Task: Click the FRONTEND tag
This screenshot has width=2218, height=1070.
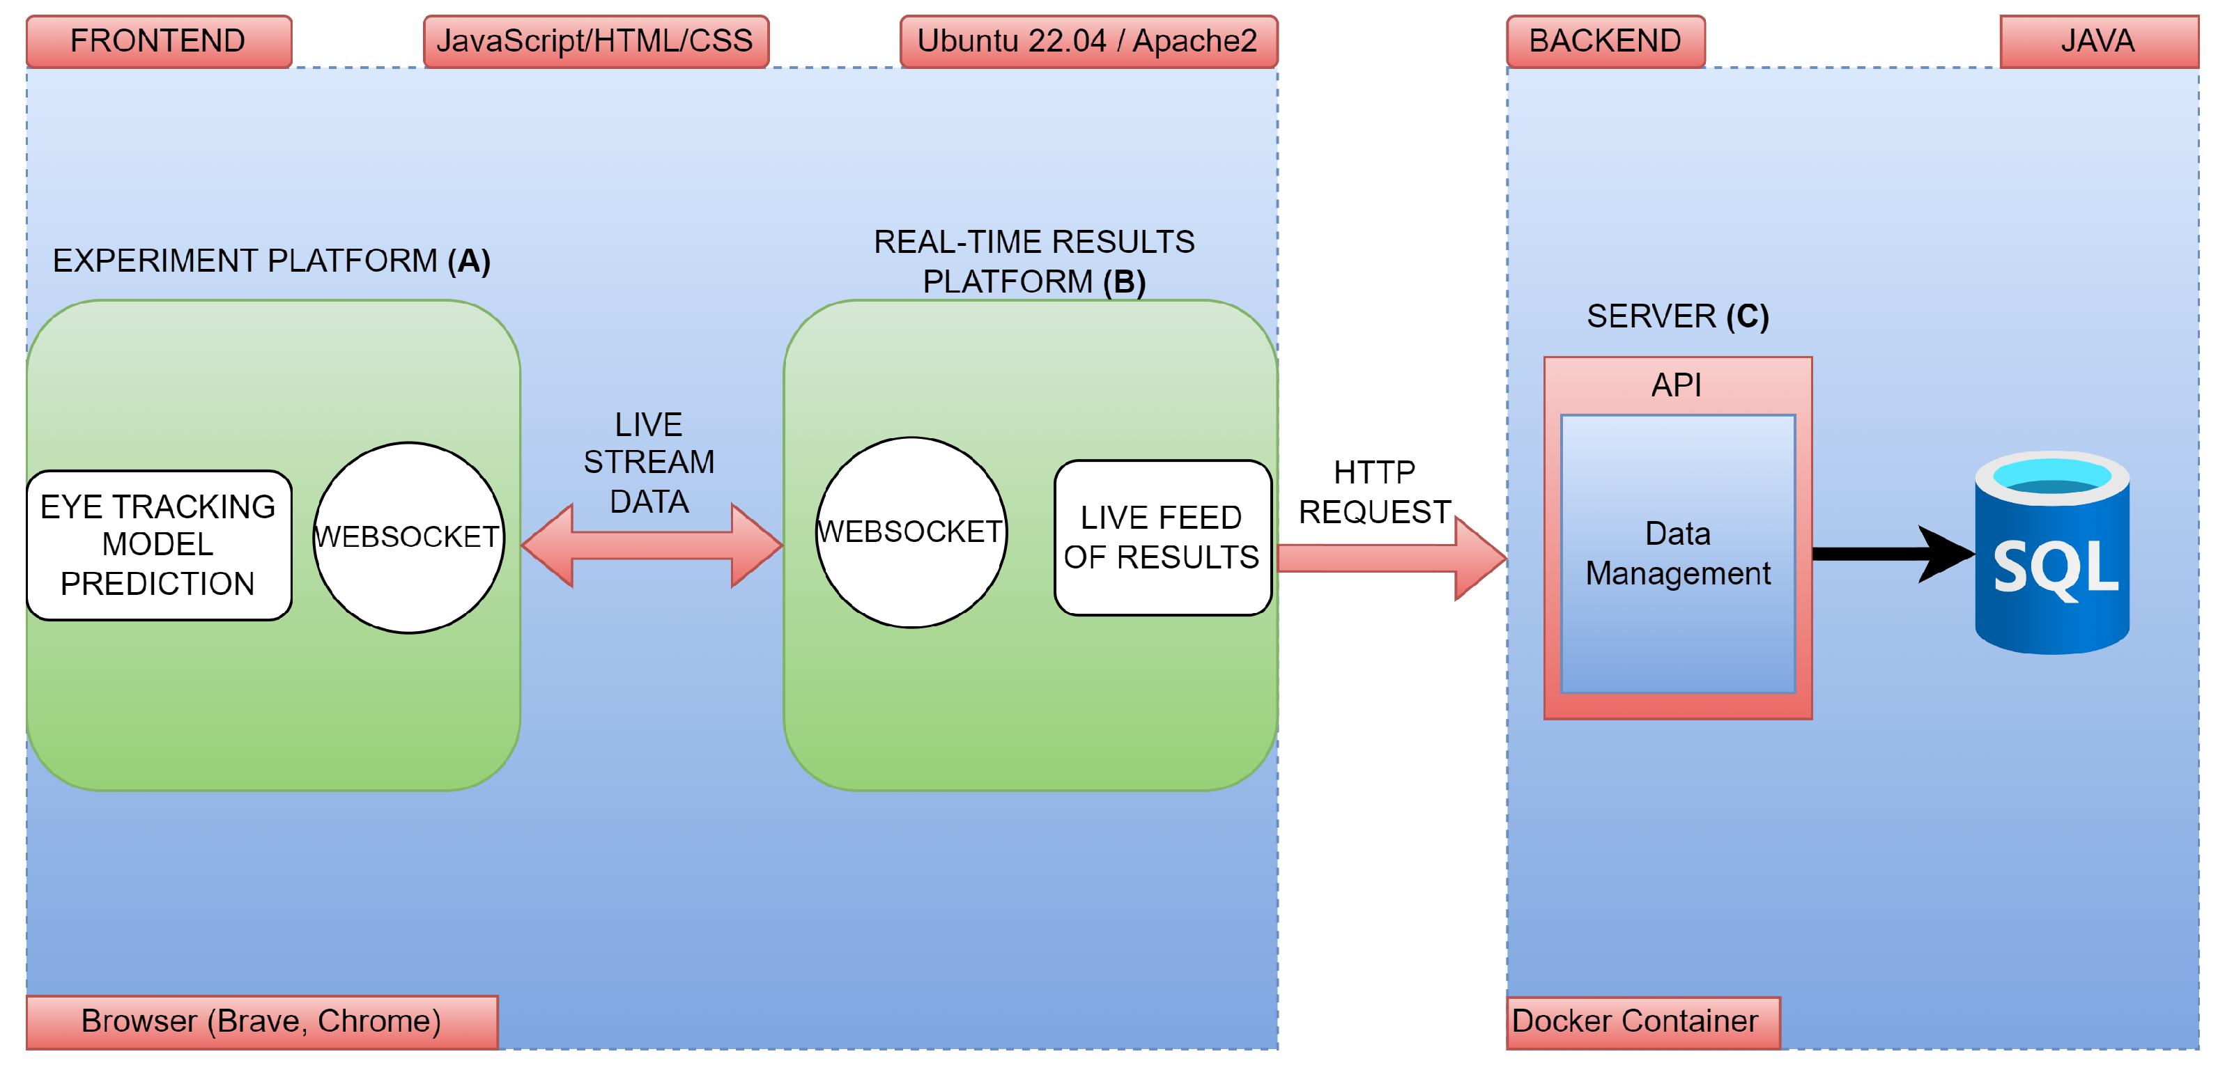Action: click(x=158, y=40)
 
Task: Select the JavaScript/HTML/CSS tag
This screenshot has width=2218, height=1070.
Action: click(x=595, y=40)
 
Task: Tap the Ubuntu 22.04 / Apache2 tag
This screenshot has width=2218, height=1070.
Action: click(x=1088, y=40)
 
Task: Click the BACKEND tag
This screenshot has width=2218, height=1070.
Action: click(x=1604, y=40)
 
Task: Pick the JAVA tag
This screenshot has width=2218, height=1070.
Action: click(x=2097, y=40)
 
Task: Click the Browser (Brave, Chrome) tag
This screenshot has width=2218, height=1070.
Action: click(x=261, y=1021)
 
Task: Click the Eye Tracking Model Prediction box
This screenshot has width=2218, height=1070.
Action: click(x=158, y=544)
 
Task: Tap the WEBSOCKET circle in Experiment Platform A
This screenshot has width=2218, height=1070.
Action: click(x=408, y=537)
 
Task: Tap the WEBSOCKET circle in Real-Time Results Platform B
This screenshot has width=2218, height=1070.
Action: click(x=910, y=532)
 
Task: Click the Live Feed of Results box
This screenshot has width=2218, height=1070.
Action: click(x=1162, y=537)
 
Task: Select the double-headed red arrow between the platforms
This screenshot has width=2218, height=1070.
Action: click(x=652, y=545)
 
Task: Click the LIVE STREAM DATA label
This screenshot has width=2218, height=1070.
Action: click(x=649, y=463)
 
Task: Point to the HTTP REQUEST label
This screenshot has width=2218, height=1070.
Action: click(x=1374, y=492)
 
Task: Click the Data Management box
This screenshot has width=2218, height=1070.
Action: click(x=1677, y=554)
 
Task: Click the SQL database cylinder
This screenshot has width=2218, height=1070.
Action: click(x=2052, y=554)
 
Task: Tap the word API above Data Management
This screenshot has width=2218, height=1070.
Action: click(x=1676, y=385)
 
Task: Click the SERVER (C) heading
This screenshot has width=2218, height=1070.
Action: click(x=1677, y=316)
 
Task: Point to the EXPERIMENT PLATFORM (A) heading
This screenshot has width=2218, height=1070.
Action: click(x=271, y=260)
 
